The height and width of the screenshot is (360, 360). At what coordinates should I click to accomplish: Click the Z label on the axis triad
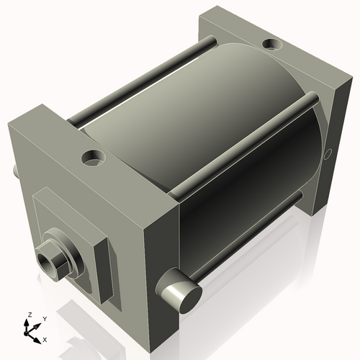pyautogui.click(x=29, y=315)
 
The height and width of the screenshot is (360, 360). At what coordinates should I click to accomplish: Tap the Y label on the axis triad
pyautogui.click(x=44, y=319)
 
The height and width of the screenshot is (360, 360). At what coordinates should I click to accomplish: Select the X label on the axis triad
pyautogui.click(x=45, y=338)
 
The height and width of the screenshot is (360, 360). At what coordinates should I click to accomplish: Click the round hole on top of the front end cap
pyautogui.click(x=92, y=155)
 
